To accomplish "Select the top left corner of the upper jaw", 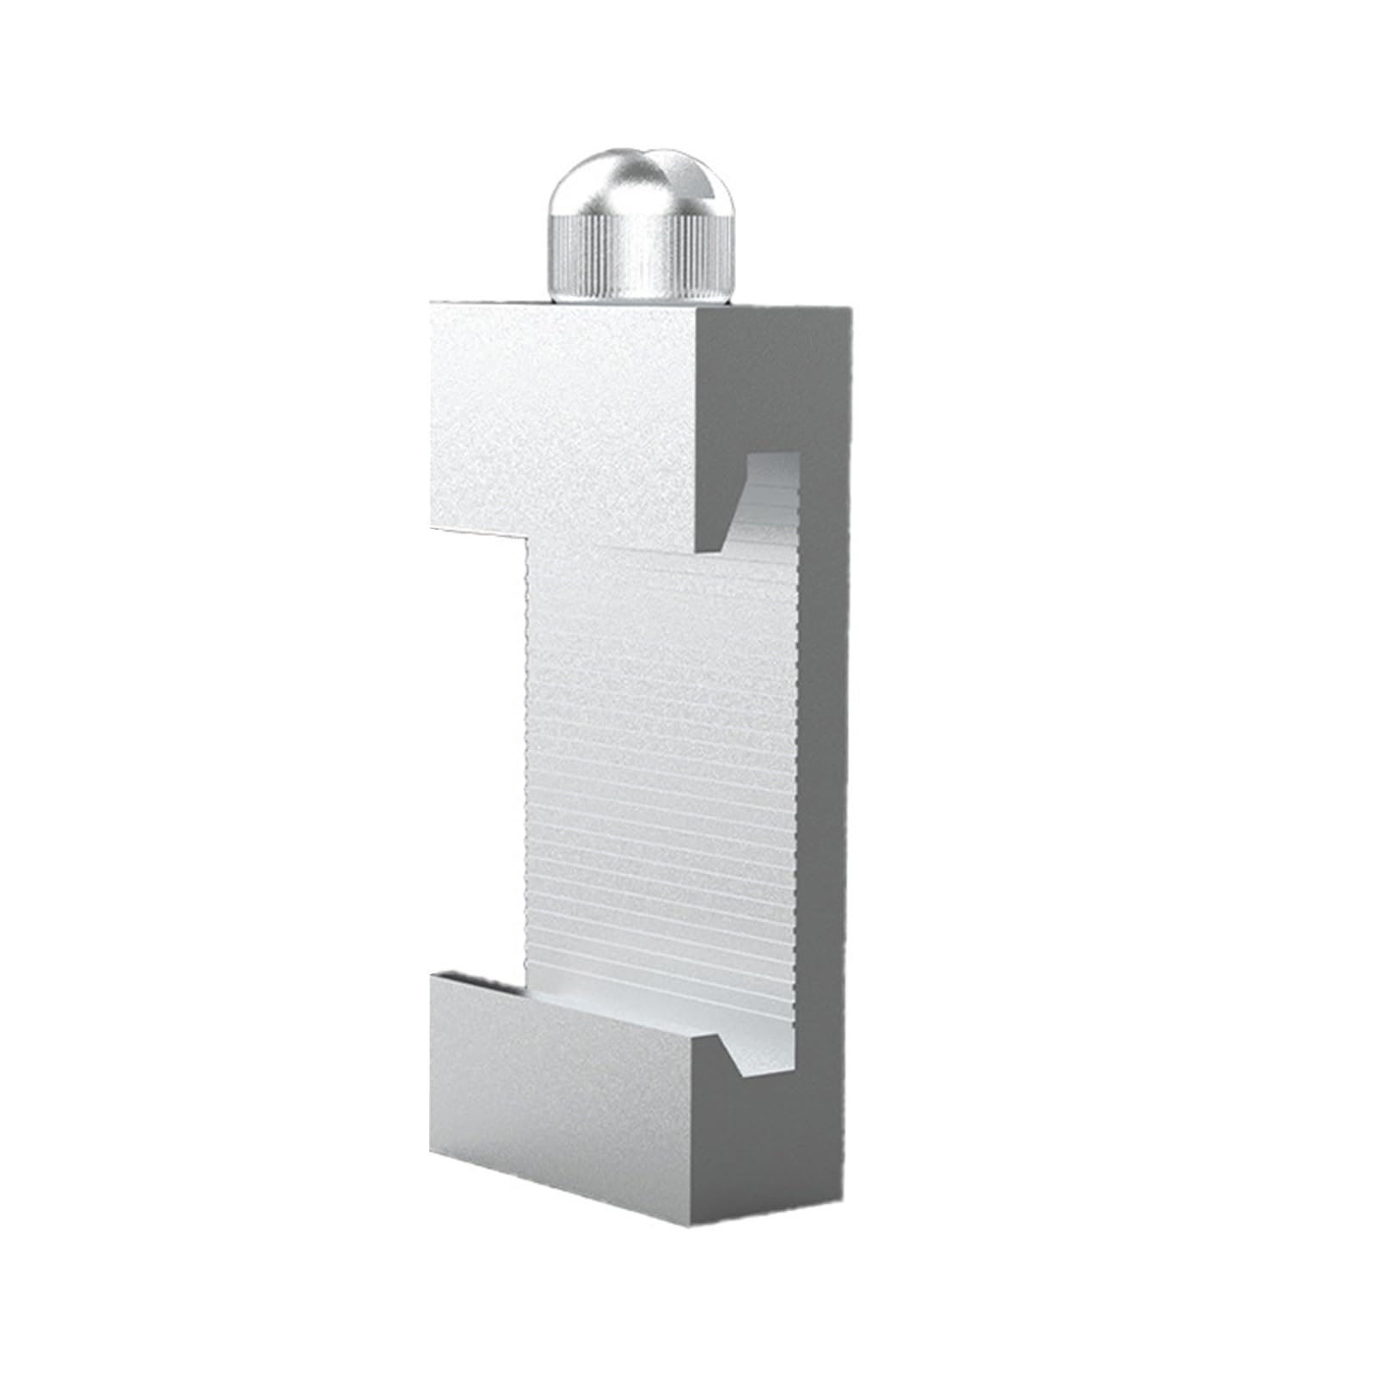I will click(433, 303).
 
